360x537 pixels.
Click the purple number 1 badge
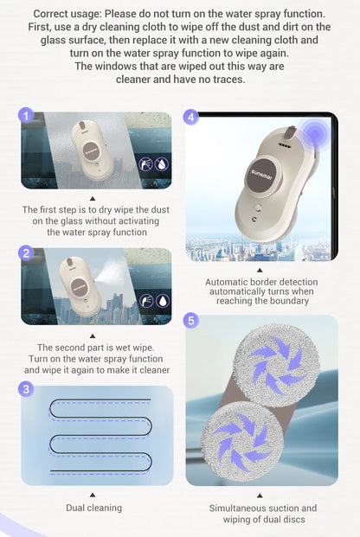[x=26, y=116]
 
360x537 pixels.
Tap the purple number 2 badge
[x=26, y=253]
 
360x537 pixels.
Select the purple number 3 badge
[x=26, y=389]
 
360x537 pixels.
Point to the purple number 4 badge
[x=191, y=117]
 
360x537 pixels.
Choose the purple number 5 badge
[x=191, y=321]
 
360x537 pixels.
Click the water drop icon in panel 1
[x=162, y=164]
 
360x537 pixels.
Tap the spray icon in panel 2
[x=146, y=301]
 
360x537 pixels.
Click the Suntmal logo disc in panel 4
[x=262, y=175]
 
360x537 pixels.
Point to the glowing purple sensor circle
[x=314, y=134]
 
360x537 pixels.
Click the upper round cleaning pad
[x=277, y=365]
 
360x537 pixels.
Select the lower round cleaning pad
[x=243, y=442]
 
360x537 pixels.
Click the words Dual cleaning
[x=94, y=508]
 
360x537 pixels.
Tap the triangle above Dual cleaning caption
[x=93, y=495]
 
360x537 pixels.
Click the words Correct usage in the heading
[x=66, y=14]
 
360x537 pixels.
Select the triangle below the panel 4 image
[x=260, y=271]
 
